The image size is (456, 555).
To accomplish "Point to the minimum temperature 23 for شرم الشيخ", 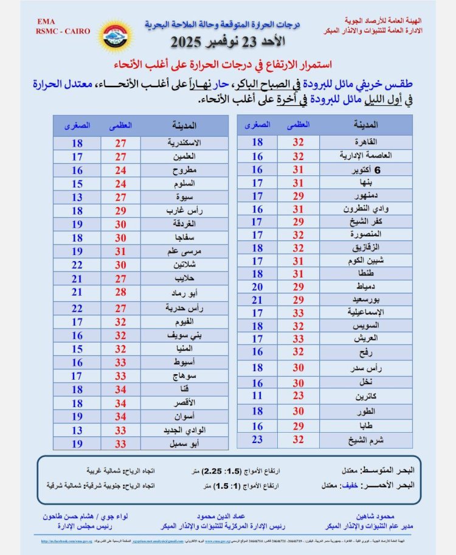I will (257, 439).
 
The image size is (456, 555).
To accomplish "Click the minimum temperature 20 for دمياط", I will (257, 287).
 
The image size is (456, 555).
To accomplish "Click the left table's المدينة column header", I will (183, 125).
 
